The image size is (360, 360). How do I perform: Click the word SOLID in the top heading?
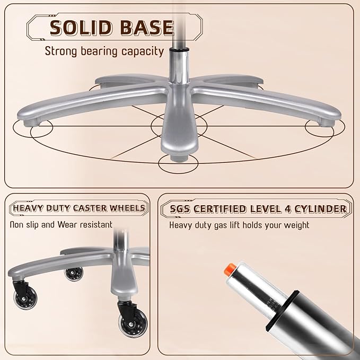(x=83, y=28)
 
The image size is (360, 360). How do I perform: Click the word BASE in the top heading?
(x=147, y=28)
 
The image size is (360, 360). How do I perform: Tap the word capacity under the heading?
(x=143, y=51)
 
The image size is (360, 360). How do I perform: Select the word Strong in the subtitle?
(x=61, y=51)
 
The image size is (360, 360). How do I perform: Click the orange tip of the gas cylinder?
(x=230, y=268)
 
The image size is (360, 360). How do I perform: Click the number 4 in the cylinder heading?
(x=288, y=209)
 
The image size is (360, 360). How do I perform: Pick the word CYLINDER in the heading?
(x=321, y=209)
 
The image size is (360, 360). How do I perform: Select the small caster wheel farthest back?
(x=74, y=274)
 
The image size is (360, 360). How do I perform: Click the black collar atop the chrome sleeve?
(x=179, y=49)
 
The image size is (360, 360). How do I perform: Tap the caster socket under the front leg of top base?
(x=179, y=157)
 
